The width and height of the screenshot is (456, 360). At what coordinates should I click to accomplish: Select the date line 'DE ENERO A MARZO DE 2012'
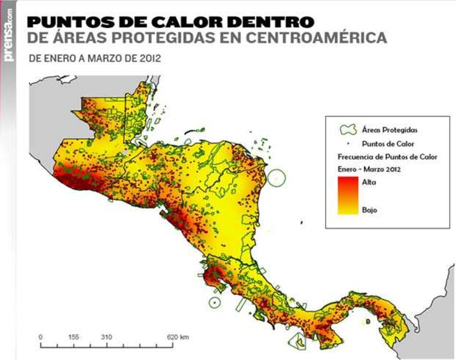pyautogui.click(x=95, y=60)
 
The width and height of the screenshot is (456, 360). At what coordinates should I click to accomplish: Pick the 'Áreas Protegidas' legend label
pyautogui.click(x=389, y=130)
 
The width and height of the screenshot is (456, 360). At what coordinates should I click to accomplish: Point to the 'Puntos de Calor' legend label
pyautogui.click(x=388, y=144)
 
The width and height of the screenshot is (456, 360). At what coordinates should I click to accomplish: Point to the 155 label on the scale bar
pyautogui.click(x=73, y=337)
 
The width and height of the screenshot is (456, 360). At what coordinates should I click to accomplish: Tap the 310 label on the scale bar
pyautogui.click(x=107, y=337)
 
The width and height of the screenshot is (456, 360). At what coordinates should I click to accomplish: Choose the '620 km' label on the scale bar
pyautogui.click(x=177, y=337)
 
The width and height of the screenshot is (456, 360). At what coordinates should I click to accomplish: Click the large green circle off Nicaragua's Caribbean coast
pyautogui.click(x=276, y=178)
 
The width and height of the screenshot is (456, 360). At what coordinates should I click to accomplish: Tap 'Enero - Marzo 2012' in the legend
pyautogui.click(x=369, y=169)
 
